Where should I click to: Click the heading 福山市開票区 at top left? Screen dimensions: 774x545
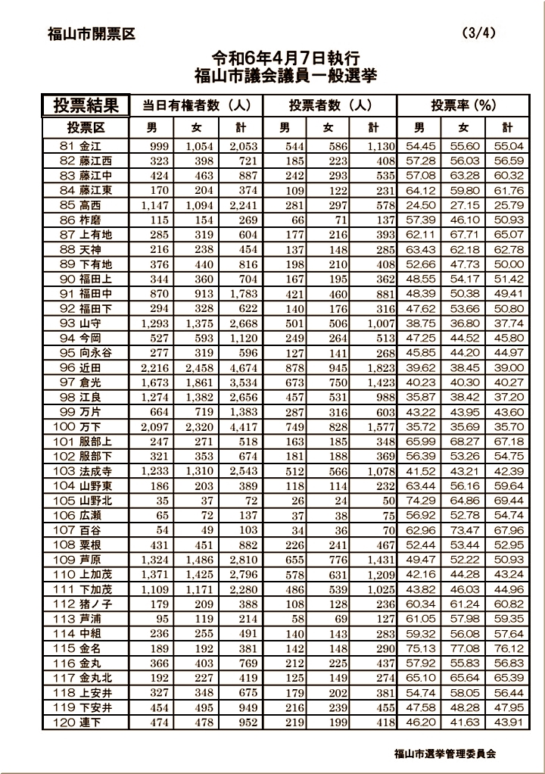(x=91, y=33)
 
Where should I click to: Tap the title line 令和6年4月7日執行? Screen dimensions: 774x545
(x=285, y=58)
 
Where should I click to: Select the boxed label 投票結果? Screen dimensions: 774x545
(x=86, y=105)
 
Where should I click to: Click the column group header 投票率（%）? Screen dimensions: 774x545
(x=463, y=105)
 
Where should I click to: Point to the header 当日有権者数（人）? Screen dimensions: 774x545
(x=197, y=105)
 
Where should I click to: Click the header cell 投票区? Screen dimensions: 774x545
(x=86, y=126)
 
